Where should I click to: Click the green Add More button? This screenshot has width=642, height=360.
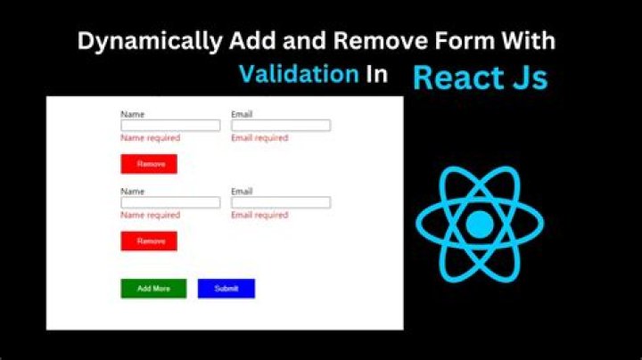click(153, 289)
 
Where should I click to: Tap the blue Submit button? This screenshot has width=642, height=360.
click(226, 289)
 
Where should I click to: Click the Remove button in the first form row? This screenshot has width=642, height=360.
click(149, 164)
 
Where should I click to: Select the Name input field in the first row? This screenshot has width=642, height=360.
click(170, 125)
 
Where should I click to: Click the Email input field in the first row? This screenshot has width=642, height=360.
click(281, 125)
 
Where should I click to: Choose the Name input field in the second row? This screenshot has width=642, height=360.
click(170, 202)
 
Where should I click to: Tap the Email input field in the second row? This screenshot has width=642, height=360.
click(281, 202)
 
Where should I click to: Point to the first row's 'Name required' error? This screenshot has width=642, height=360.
click(151, 138)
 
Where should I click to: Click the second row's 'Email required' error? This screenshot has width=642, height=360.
click(259, 215)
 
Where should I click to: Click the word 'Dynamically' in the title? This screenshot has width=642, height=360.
click(150, 42)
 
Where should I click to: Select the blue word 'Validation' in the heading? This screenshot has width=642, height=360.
click(299, 74)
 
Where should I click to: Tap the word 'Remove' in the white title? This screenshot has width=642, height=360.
click(381, 40)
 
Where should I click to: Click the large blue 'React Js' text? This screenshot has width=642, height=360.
click(481, 78)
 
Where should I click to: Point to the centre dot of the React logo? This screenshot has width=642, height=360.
click(480, 224)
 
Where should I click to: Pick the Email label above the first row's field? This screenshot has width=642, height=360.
click(242, 114)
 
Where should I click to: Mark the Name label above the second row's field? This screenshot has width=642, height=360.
click(132, 192)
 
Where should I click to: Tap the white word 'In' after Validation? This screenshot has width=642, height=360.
click(376, 74)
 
